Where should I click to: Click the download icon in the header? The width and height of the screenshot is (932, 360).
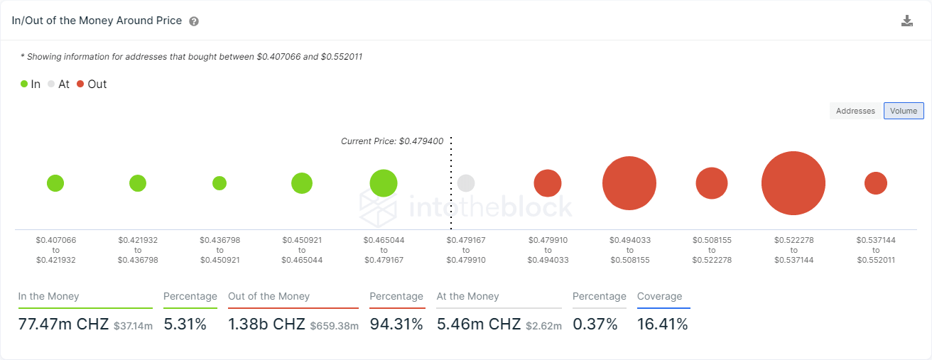[x=906, y=21]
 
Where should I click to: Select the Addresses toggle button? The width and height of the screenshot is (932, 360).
[x=855, y=111]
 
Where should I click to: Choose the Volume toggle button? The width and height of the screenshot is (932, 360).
[x=904, y=111]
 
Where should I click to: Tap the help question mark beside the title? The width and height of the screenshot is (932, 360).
[x=194, y=21]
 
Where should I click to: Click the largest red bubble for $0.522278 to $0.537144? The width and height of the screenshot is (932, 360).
[x=793, y=183]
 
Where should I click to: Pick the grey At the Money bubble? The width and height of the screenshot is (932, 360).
[x=466, y=183]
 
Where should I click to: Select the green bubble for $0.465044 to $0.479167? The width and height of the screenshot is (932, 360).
[x=384, y=183]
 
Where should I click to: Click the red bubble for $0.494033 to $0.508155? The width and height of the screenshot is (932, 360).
[x=629, y=183]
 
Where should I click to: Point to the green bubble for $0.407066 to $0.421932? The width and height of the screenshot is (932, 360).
[x=55, y=183]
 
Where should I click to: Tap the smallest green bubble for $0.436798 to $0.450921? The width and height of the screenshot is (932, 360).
[x=220, y=183]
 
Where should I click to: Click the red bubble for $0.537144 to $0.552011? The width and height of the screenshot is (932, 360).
[x=876, y=183]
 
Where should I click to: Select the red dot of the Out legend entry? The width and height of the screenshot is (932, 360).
[x=80, y=84]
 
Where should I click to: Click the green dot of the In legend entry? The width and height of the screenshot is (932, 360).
[x=24, y=84]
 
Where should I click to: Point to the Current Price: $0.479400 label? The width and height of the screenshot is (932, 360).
[x=392, y=141]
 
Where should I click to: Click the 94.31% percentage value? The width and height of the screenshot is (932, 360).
[x=396, y=324]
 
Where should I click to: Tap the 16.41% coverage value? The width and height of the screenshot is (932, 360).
[x=663, y=324]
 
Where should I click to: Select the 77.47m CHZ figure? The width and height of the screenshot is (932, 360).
[x=63, y=324]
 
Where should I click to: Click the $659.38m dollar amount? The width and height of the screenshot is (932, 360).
[x=334, y=326]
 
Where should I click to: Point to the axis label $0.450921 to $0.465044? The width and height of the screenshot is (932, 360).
[x=302, y=250]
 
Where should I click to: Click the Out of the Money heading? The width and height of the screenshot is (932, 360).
[x=269, y=296]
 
